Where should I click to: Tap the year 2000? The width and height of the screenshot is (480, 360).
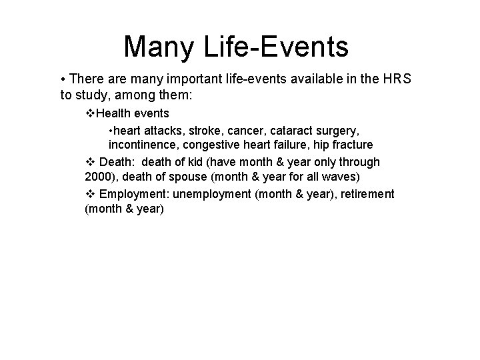[98, 177]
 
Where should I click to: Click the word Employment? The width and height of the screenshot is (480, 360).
[131, 193]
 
